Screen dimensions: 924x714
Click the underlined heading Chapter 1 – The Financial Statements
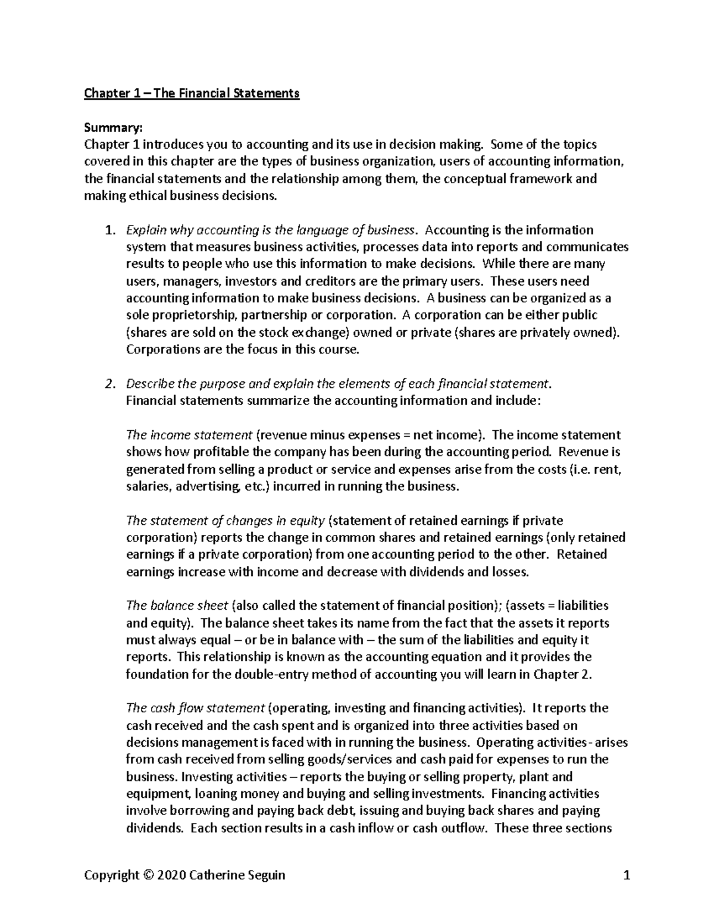(192, 93)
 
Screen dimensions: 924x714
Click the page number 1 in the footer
(625, 875)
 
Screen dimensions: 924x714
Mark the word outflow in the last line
(462, 828)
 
